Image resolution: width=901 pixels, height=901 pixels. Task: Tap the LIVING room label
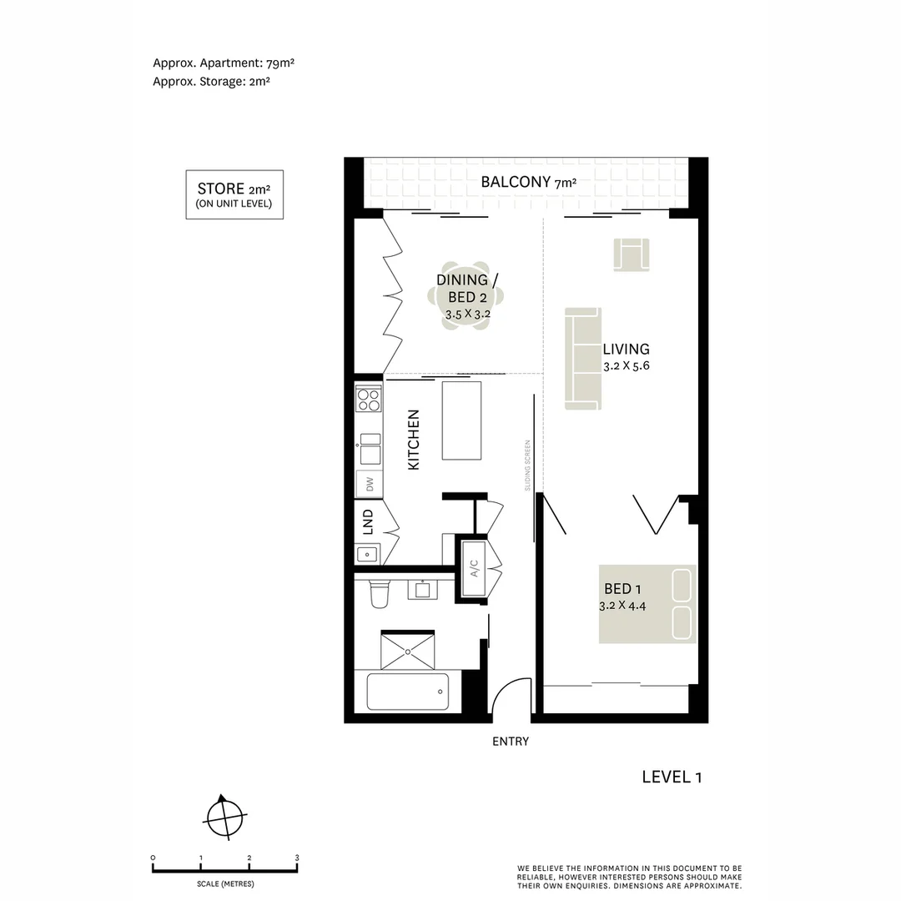pos(626,350)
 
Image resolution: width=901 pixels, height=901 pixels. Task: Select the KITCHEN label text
pos(413,440)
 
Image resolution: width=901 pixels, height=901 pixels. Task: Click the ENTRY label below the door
pos(511,742)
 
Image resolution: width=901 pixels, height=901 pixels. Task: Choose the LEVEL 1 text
pos(672,777)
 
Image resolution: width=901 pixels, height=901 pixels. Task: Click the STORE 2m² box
pos(234,194)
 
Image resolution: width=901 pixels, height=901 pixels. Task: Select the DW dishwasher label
pos(368,484)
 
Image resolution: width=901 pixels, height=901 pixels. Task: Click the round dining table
pos(470,299)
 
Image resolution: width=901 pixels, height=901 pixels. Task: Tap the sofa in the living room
pos(583,359)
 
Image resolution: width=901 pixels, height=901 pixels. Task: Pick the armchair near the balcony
pos(632,254)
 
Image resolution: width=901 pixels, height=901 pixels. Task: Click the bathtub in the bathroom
pos(408,691)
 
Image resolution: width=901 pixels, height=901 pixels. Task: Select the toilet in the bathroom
pos(379,592)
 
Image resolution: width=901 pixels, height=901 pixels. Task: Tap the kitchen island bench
pos(461,420)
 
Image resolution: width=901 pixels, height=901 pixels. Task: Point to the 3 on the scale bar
pos(297,858)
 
